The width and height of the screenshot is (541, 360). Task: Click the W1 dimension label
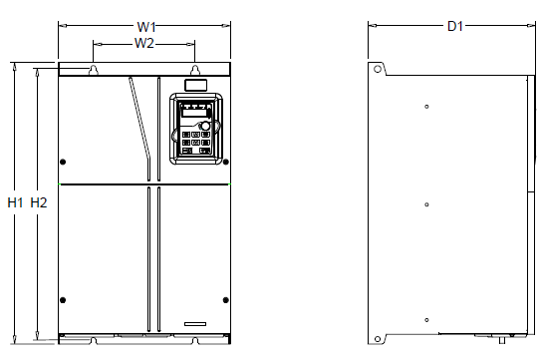pyautogui.click(x=146, y=27)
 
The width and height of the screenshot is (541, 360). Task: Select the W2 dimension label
pyautogui.click(x=143, y=43)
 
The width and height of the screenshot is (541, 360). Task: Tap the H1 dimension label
pyautogui.click(x=15, y=202)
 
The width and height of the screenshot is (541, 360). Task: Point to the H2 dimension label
pyautogui.click(x=39, y=202)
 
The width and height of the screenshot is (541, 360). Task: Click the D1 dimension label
pyautogui.click(x=454, y=26)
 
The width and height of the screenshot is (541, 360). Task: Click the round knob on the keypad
pyautogui.click(x=205, y=126)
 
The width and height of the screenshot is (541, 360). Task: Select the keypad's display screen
pyautogui.click(x=194, y=113)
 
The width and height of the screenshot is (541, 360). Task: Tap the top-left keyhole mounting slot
pyautogui.click(x=94, y=70)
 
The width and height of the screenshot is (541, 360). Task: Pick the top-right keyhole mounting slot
pyautogui.click(x=195, y=70)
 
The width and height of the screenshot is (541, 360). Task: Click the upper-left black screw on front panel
pyautogui.click(x=63, y=162)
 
